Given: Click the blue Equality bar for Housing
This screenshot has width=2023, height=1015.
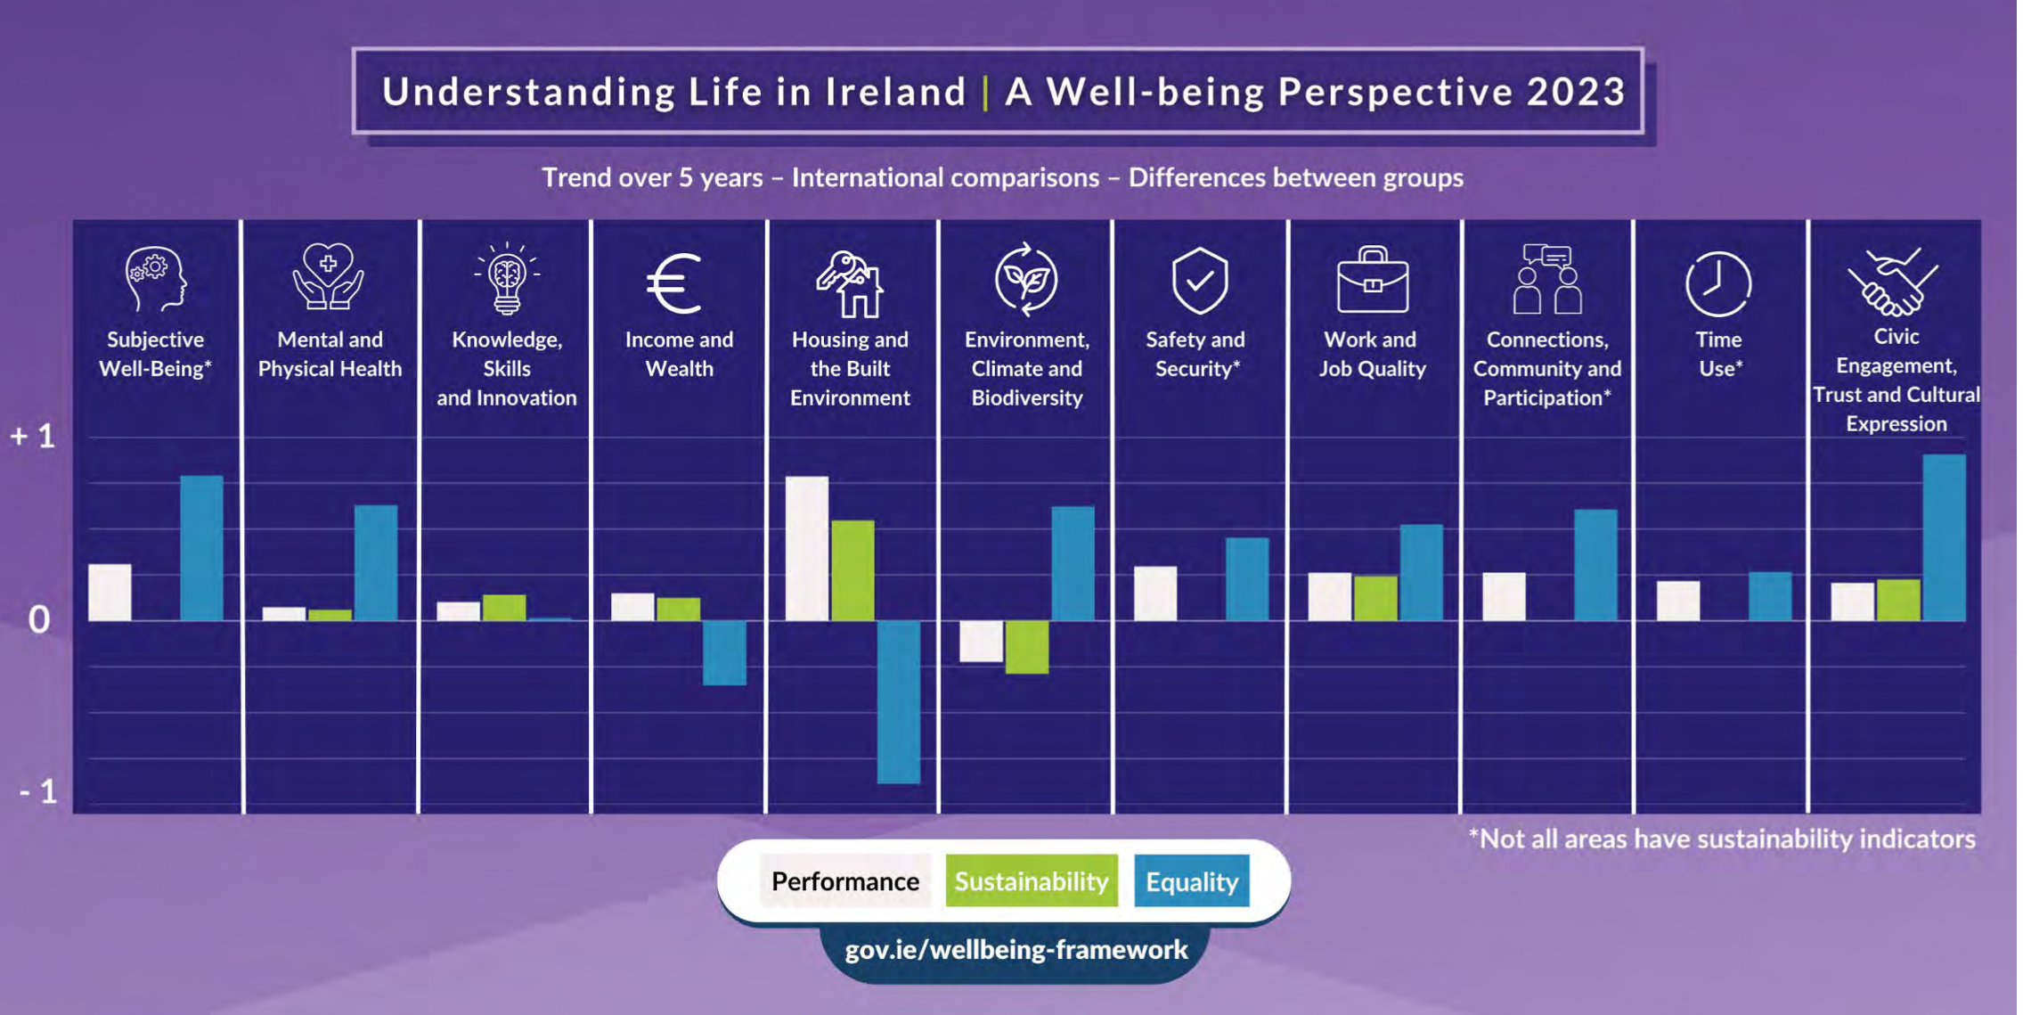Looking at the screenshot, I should click(x=898, y=701).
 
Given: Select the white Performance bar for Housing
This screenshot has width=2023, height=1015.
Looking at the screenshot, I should click(x=806, y=548).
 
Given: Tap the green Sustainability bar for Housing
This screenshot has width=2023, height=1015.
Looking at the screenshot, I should click(x=852, y=570).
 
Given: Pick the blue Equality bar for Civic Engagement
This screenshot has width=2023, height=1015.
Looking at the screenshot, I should click(x=1944, y=537).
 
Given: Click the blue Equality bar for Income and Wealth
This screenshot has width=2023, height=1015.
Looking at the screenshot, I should click(x=724, y=652).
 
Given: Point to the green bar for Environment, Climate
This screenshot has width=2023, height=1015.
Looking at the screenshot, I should click(x=1026, y=646).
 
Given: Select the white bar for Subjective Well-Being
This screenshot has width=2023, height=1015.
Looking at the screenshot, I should click(x=110, y=592).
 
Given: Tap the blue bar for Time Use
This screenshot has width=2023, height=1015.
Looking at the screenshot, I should click(x=1769, y=596).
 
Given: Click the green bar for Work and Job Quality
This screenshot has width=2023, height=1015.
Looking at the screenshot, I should click(x=1374, y=598).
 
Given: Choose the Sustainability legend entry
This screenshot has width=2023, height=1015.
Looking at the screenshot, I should click(x=1031, y=881).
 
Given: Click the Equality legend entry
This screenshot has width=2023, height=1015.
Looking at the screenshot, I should click(x=1191, y=881).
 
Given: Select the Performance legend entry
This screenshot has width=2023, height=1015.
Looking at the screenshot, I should click(x=844, y=881).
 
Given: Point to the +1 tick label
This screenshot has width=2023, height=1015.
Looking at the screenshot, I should click(x=33, y=437).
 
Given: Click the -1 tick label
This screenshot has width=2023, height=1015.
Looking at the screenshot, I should click(x=38, y=791).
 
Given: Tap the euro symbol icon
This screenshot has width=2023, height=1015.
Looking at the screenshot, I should click(x=674, y=283).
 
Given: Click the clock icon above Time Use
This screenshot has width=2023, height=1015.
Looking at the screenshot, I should click(x=1717, y=283).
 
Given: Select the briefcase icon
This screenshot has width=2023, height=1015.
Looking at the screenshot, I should click(x=1372, y=280).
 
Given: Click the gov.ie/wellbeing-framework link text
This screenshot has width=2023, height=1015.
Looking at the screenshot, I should click(x=1016, y=950).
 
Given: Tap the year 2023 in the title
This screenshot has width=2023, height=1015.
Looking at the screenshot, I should click(x=1576, y=92).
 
